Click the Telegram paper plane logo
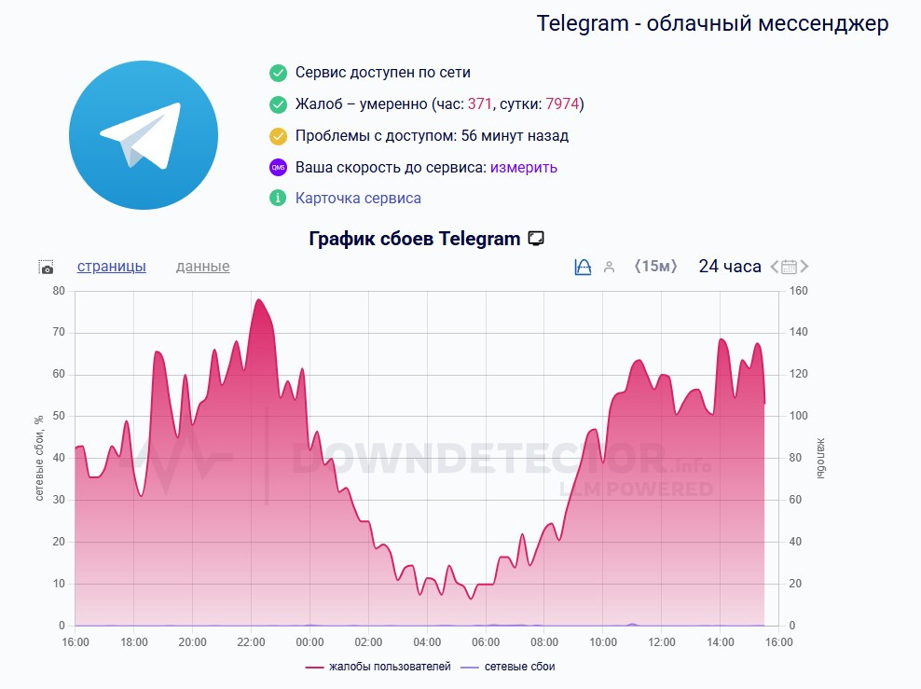click(x=143, y=135)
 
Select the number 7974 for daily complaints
click(x=562, y=103)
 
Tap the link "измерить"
click(x=524, y=168)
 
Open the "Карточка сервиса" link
click(x=358, y=199)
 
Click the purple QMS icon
click(x=278, y=168)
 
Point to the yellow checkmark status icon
click(x=278, y=136)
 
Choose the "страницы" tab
click(x=112, y=267)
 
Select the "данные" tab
click(x=202, y=267)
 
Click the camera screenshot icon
click(x=47, y=268)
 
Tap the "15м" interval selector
click(x=654, y=267)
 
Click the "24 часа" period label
click(x=730, y=267)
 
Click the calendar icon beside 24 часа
click(x=789, y=268)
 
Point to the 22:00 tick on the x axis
click(x=251, y=642)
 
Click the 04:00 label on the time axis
click(x=427, y=642)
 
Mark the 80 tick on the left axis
click(x=59, y=291)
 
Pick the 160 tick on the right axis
click(x=798, y=291)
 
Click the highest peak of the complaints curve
click(x=258, y=300)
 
